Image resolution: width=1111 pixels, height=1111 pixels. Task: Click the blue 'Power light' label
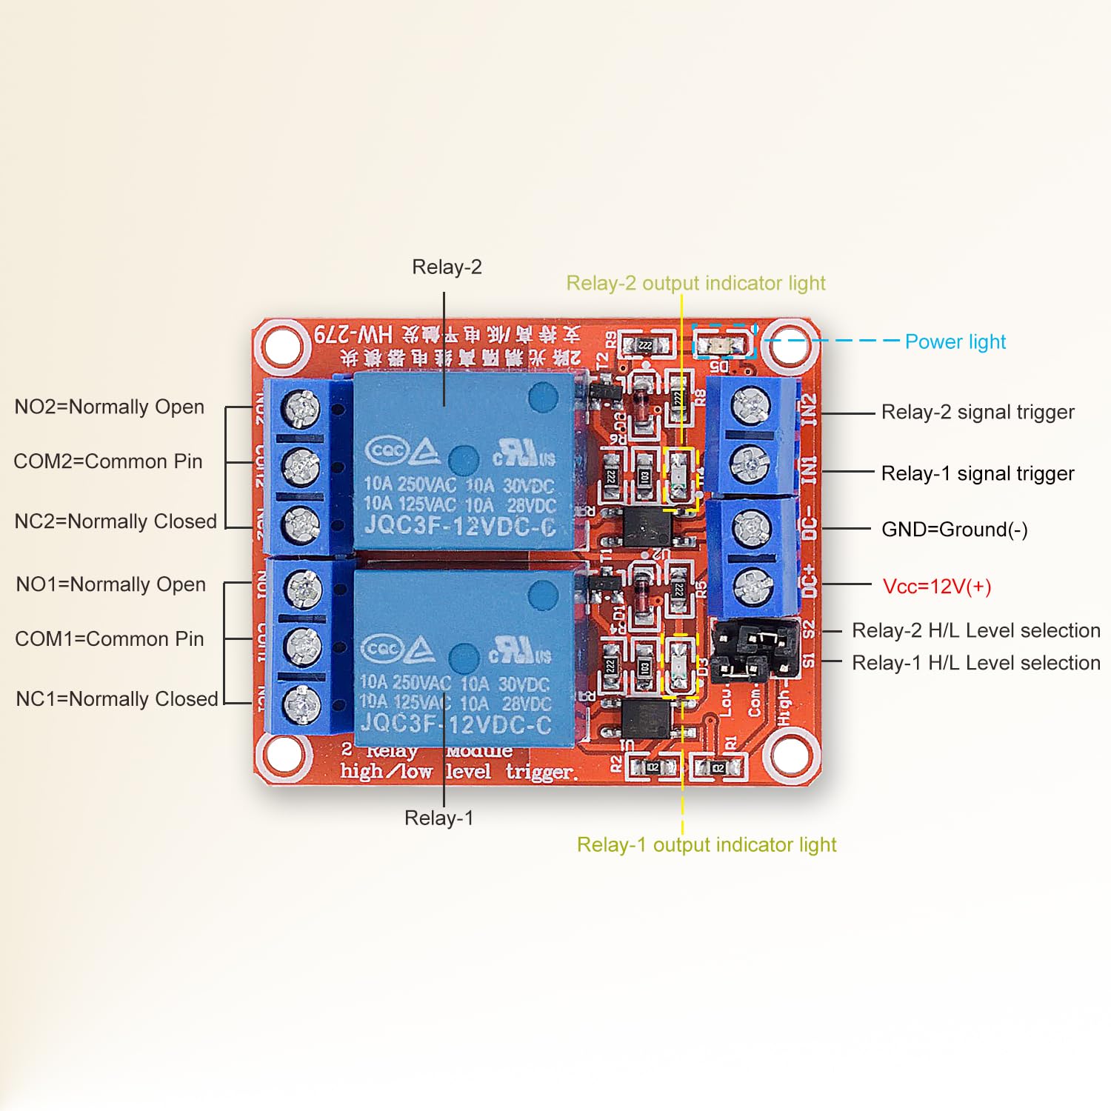pos(955,341)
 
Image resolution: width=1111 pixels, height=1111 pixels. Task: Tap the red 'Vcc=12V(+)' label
pos(936,587)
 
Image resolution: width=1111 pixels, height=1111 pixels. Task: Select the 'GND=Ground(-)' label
pos(954,530)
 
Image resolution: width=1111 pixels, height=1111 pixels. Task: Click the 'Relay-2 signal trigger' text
pos(977,412)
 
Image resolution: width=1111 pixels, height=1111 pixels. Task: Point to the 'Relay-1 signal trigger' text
pos(977,473)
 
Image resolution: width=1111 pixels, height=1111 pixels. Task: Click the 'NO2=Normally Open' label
pos(110,407)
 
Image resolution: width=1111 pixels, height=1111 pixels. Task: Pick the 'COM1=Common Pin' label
pos(110,638)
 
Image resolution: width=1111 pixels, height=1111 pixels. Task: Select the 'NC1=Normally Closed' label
pos(117,698)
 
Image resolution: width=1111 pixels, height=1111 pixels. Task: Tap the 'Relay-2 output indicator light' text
pos(695,283)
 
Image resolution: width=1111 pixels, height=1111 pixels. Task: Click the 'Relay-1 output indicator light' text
pos(707,844)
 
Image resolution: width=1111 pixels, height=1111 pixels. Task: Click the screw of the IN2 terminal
pos(751,406)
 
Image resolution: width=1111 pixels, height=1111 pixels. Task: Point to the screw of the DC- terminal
pos(752,528)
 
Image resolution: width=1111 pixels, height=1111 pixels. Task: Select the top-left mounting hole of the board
pos(281,345)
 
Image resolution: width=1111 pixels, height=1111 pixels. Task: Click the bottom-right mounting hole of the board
pos(790,755)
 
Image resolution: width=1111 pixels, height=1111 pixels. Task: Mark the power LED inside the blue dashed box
pos(722,344)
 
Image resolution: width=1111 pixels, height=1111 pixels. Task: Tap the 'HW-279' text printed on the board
pos(353,334)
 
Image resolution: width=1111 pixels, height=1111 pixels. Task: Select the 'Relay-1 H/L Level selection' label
pos(975,663)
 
